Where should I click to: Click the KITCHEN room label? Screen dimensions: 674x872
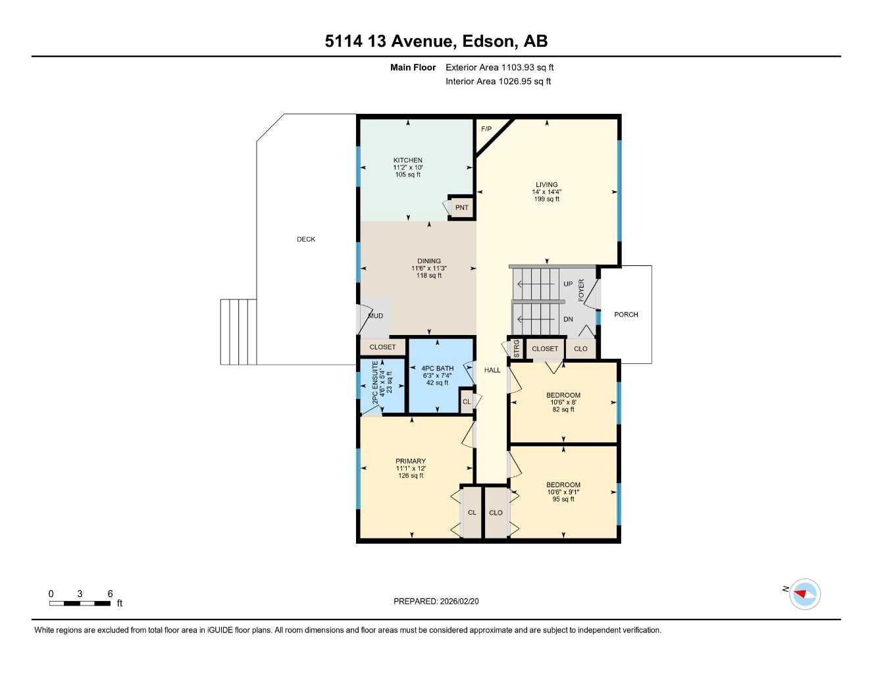[x=407, y=161]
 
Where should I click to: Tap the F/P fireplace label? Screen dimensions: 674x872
[x=486, y=129]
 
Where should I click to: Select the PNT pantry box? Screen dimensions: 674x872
[x=461, y=208]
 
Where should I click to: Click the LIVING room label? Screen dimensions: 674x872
[x=546, y=185]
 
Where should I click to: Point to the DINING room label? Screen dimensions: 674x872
[x=428, y=261]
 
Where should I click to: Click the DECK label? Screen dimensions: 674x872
[x=306, y=240]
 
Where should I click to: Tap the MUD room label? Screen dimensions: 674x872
[x=375, y=317]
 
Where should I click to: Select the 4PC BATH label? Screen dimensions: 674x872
[x=437, y=369]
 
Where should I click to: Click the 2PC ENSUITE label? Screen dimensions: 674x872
[x=375, y=382]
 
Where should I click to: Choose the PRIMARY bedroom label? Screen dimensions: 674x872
[x=410, y=461]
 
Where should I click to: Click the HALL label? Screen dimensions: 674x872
[x=492, y=370]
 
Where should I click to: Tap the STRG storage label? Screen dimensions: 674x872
[x=517, y=348]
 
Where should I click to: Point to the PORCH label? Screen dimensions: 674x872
[x=626, y=315]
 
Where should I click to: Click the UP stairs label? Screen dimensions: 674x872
[x=568, y=284]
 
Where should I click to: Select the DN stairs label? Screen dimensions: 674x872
[x=568, y=320]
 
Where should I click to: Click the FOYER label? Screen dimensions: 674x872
[x=581, y=290]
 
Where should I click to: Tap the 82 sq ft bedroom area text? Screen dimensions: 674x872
[x=563, y=409]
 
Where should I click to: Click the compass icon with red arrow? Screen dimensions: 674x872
[x=804, y=594]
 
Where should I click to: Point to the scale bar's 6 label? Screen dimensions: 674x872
[x=110, y=594]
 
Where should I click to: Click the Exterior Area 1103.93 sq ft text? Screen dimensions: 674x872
[x=500, y=67]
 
